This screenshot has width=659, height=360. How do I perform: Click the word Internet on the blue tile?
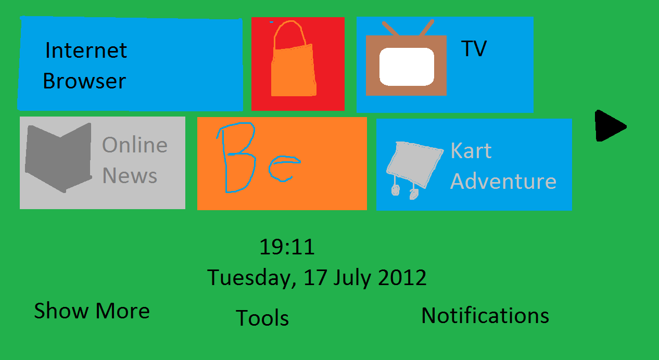pos(86,50)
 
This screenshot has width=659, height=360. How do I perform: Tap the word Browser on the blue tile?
pos(84,81)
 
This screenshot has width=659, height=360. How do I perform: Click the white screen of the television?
pos(407,67)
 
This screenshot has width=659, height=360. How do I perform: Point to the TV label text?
pos(474,48)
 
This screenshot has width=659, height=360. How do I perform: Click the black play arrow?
pos(610,126)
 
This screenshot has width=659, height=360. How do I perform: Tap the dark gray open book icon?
pos(58,157)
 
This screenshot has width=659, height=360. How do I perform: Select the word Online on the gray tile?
pos(135,145)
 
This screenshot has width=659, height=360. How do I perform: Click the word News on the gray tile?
pos(130,176)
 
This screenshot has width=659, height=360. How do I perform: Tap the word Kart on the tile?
pos(471,150)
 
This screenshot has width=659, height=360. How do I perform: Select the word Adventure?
pos(503,181)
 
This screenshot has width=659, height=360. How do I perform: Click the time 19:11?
pos(287,247)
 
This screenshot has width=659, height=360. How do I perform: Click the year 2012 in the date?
pos(402,277)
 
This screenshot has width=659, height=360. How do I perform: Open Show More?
pos(92,311)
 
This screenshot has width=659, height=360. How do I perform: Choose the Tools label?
pos(262,318)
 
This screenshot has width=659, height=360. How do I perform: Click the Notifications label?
pos(485,315)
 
